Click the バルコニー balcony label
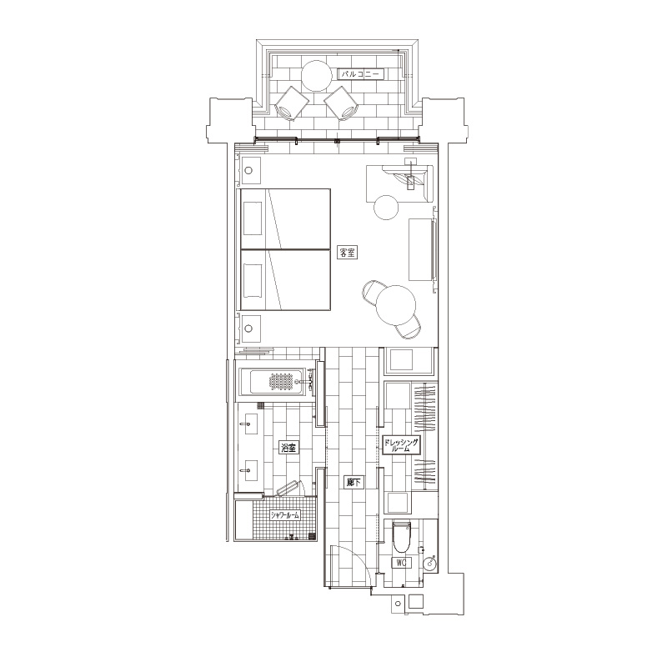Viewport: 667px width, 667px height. tap(361, 74)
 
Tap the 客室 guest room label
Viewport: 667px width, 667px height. tap(347, 253)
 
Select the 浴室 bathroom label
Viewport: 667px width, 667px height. tap(288, 448)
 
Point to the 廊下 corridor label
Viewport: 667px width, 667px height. tap(354, 483)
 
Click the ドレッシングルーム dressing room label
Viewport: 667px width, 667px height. tap(401, 445)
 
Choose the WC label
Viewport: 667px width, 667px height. tap(401, 563)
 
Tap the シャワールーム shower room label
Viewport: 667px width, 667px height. tap(285, 514)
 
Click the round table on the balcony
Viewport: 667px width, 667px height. tap(317, 76)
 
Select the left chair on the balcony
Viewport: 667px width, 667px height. tap(292, 104)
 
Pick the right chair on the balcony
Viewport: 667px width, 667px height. tap(342, 104)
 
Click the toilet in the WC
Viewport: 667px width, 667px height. tap(402, 537)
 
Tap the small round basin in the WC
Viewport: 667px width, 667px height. tap(430, 562)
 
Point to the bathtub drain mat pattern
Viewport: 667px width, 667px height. tap(282, 381)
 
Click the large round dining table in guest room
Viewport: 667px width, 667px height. tap(395, 305)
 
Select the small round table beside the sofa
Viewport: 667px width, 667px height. tap(386, 207)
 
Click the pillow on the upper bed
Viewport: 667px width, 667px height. tap(253, 219)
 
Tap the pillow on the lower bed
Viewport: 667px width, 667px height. tap(253, 280)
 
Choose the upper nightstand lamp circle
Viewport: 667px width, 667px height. tap(248, 171)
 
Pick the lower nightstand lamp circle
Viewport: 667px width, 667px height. tap(248, 328)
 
